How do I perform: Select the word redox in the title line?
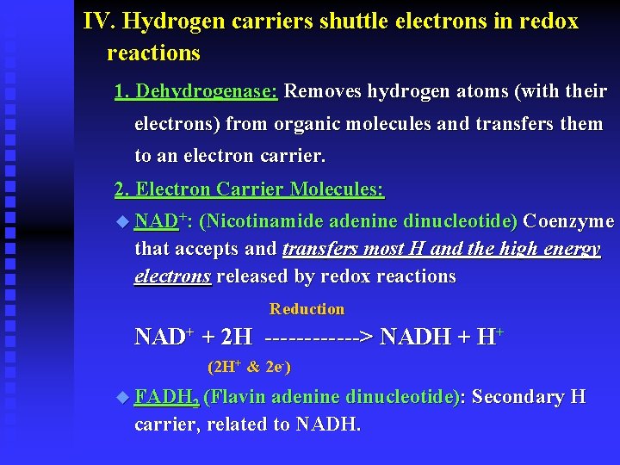549,21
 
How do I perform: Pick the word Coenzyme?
568,222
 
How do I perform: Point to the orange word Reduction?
307,309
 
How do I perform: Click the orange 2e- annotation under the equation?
277,367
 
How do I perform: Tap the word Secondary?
518,397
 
